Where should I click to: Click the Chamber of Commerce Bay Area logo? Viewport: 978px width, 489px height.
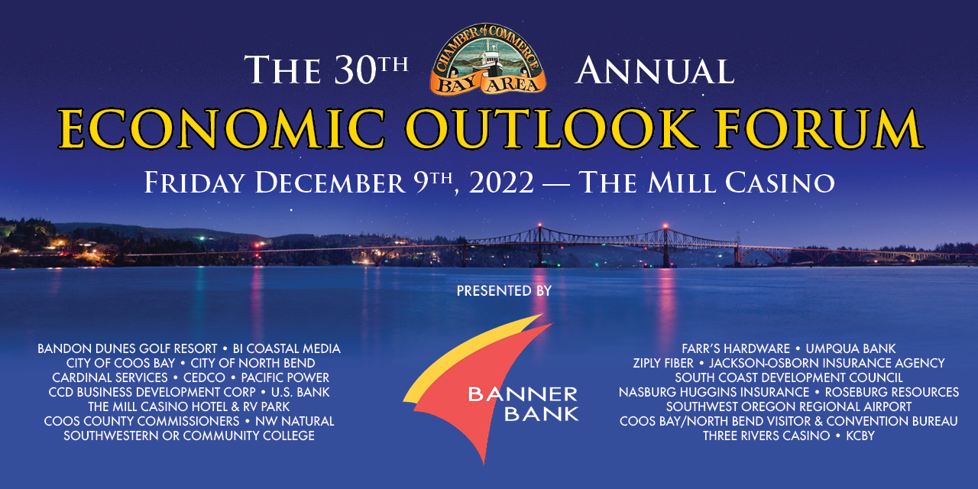tap(487, 60)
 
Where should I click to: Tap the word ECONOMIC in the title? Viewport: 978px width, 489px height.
tap(222, 129)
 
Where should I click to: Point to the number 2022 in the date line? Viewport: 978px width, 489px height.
tap(501, 183)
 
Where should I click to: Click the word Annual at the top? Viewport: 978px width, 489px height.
tap(655, 71)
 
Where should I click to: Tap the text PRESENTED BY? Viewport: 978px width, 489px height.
tap(504, 291)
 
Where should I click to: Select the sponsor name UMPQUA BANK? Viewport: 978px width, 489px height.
tap(850, 348)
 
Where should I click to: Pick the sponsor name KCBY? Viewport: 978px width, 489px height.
tap(860, 436)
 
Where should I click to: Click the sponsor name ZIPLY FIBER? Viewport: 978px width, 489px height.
tap(662, 363)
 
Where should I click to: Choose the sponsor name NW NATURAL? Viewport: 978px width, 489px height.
tap(295, 421)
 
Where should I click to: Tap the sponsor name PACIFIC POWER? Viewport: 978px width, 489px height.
tap(285, 377)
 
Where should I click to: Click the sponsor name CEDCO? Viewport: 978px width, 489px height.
tap(204, 377)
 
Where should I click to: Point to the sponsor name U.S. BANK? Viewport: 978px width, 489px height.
tap(300, 392)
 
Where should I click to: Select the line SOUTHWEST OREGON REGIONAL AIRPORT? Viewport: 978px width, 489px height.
tap(789, 407)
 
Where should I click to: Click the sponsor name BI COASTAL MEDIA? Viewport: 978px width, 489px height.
tap(287, 348)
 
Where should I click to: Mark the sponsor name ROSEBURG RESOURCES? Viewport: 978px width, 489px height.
tap(892, 392)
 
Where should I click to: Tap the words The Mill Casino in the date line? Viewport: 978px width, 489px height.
tap(707, 183)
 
